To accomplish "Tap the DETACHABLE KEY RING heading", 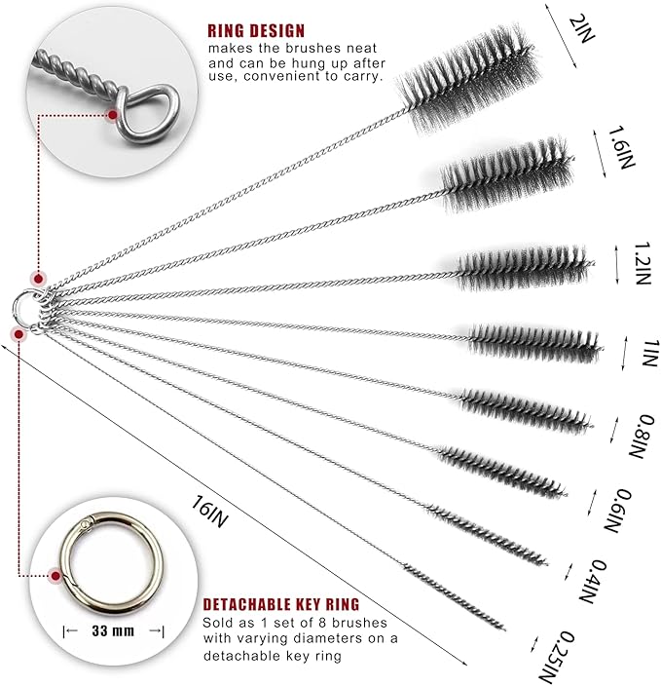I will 280,604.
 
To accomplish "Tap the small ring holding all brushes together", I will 28,305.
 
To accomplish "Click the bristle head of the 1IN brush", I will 533,341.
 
